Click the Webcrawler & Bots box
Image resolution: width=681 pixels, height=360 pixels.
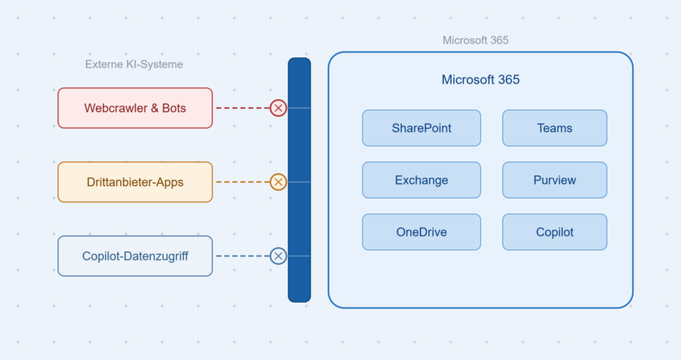point(135,108)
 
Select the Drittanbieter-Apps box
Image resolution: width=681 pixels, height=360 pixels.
point(135,182)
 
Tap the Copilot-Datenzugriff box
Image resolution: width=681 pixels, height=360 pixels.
point(135,256)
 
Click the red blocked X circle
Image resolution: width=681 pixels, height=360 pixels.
point(278,108)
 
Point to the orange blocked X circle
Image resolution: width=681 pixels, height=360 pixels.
point(278,182)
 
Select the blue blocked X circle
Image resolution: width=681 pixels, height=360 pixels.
point(278,256)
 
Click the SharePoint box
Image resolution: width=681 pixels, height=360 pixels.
point(421,128)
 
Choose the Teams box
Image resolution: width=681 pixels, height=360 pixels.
point(555,128)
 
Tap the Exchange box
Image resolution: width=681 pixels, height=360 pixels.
point(421,180)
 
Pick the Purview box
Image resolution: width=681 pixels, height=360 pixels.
point(555,180)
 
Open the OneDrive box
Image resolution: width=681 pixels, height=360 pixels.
point(421,232)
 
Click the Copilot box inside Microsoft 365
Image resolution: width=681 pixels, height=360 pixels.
point(555,232)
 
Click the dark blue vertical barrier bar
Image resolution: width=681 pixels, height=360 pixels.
point(299,180)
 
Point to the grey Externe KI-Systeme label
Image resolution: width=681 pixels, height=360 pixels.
point(134,64)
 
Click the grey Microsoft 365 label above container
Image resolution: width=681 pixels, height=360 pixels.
point(476,40)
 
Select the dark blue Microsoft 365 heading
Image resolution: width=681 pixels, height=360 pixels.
point(480,79)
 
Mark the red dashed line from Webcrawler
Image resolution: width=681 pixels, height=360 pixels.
point(243,108)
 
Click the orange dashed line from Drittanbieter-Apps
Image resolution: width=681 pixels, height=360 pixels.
point(243,182)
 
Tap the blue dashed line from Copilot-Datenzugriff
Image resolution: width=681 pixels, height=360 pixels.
point(243,256)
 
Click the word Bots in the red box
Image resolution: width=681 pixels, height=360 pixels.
point(174,108)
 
